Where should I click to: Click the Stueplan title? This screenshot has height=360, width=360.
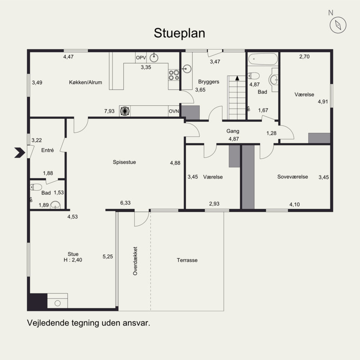tap(180, 33)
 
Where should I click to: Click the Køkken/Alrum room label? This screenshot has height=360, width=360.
tap(85, 82)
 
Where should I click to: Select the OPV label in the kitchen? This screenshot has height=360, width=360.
tap(141, 58)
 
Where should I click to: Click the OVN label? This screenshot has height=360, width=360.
tap(174, 111)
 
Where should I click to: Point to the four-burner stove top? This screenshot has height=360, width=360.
tap(174, 75)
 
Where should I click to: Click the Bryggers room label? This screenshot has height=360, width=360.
tap(208, 82)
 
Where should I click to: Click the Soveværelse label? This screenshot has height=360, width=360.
tap(292, 177)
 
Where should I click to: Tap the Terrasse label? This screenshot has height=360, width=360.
tap(187, 260)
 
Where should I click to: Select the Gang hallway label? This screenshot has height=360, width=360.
tap(233, 131)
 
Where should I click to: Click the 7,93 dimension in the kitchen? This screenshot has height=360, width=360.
tap(109, 111)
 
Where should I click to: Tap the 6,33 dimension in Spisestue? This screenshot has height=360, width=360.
tap(125, 203)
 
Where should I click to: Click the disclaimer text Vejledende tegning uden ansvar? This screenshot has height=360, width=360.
tap(88, 323)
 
